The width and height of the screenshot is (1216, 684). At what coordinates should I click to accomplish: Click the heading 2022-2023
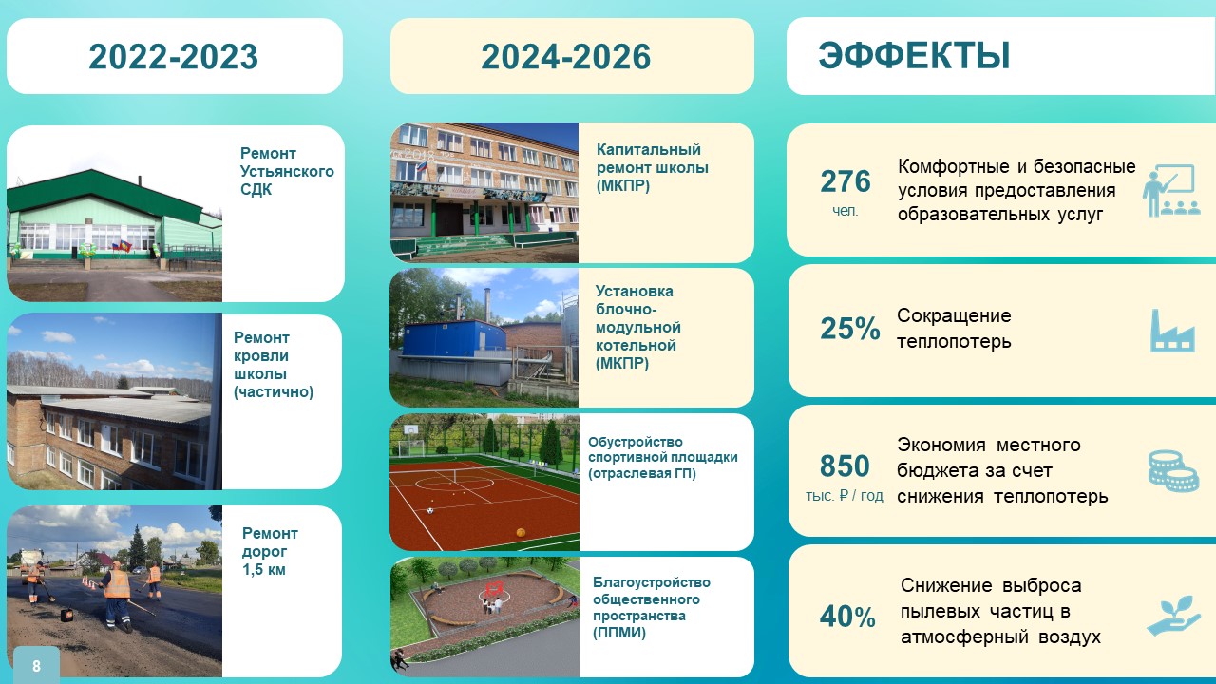(x=173, y=56)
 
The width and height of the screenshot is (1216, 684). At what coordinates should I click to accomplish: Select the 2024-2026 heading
(x=565, y=56)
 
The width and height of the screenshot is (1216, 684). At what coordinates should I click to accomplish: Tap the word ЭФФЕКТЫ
(x=914, y=55)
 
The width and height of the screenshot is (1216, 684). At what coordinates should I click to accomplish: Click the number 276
(x=845, y=181)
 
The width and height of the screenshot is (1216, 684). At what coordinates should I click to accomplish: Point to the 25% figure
(x=850, y=329)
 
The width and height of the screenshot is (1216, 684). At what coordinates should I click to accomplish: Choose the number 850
(x=845, y=465)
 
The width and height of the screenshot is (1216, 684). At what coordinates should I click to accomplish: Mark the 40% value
(x=847, y=617)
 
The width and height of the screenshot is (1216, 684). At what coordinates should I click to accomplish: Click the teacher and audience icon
(x=1171, y=191)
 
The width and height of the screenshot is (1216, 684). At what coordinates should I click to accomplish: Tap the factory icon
(x=1172, y=331)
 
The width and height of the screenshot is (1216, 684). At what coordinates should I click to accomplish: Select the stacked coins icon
(x=1173, y=471)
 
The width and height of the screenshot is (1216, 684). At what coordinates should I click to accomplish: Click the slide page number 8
(x=36, y=666)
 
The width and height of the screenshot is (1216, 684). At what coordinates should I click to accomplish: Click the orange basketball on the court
(x=521, y=533)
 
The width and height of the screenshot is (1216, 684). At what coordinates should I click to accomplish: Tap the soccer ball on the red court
(x=430, y=510)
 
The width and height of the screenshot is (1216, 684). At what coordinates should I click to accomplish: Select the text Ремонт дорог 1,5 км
(x=270, y=551)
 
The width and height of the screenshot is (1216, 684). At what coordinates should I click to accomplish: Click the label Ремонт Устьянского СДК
(x=287, y=171)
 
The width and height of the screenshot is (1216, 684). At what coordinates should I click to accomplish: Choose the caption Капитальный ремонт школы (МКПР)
(x=652, y=168)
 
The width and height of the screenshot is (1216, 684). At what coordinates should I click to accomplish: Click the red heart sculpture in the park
(x=494, y=588)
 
